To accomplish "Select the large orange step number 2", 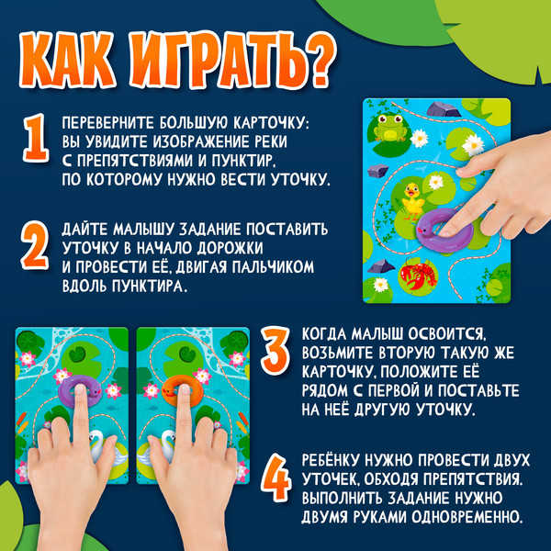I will coord(35,246).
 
